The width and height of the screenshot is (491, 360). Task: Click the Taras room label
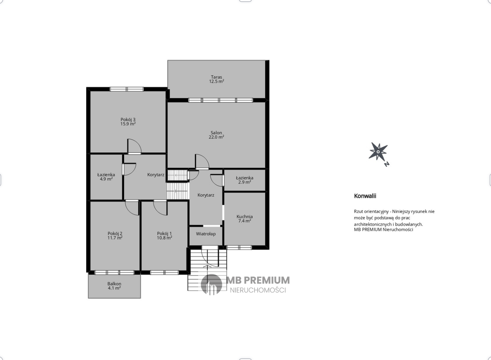[x=216, y=77]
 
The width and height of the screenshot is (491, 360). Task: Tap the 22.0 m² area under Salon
[x=216, y=137]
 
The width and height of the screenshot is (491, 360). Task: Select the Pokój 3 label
[x=128, y=119]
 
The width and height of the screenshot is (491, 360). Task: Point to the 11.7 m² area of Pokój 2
[x=115, y=238]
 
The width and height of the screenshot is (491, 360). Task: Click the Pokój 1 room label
[x=164, y=234]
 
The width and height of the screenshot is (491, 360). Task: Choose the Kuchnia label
[x=245, y=217]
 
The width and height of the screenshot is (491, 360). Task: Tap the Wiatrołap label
[x=206, y=234]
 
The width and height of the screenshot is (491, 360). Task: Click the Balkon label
[x=114, y=284]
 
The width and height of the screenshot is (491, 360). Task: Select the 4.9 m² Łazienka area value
[x=106, y=179]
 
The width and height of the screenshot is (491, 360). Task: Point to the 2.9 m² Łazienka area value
[x=245, y=182]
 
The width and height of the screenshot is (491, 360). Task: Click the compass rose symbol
[x=378, y=151]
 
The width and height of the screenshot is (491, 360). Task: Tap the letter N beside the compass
[x=387, y=164]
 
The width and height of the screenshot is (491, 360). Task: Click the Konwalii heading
[x=365, y=196]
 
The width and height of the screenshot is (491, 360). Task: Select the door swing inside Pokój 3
[x=135, y=146]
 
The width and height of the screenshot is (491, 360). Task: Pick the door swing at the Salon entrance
[x=202, y=162]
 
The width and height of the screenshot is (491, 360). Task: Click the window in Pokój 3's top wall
[x=127, y=89]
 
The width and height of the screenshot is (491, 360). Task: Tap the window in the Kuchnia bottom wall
[x=239, y=247]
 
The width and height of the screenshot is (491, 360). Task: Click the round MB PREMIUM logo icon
[x=211, y=284]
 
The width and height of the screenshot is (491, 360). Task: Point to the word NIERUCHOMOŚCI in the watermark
[x=258, y=290]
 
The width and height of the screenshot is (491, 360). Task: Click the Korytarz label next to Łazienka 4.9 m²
[x=156, y=175]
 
